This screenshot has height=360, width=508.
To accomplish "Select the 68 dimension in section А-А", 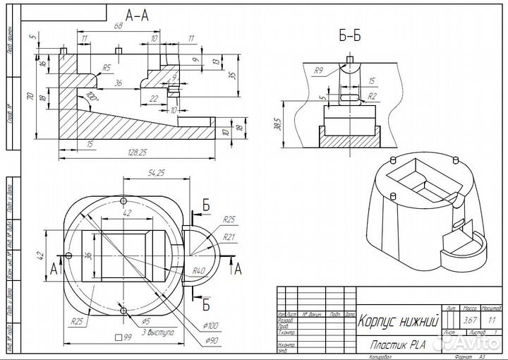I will pos(119,26).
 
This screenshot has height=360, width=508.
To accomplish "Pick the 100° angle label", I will pos(92,95).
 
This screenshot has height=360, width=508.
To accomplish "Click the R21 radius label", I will pos(228,237).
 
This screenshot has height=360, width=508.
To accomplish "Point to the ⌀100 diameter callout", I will pos(212,325).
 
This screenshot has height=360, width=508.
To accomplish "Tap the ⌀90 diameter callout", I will pos(212,341).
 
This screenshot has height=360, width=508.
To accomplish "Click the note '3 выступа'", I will pos(159,331).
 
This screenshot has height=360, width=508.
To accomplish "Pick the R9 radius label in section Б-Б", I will pos(319,71).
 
